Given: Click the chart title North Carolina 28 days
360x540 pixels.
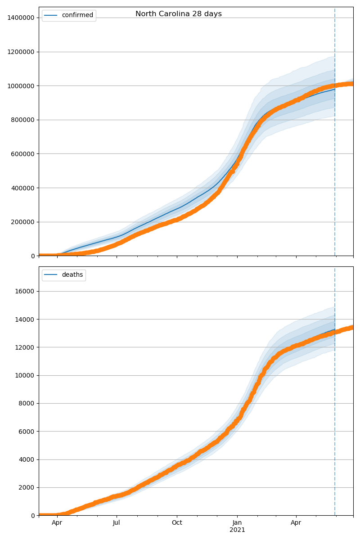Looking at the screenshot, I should pyautogui.click(x=179, y=14).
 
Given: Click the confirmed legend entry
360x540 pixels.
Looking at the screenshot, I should pyautogui.click(x=77, y=15).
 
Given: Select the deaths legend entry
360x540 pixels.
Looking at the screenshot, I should pyautogui.click(x=72, y=275).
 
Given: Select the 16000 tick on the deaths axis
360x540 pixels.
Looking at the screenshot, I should pyautogui.click(x=25, y=291).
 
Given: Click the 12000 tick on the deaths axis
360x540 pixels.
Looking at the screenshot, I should pyautogui.click(x=25, y=347).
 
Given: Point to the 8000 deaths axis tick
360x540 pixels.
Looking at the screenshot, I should pyautogui.click(x=27, y=403).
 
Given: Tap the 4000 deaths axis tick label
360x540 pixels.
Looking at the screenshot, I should pyautogui.click(x=27, y=459).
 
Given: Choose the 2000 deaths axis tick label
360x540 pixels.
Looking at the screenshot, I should pyautogui.click(x=27, y=487).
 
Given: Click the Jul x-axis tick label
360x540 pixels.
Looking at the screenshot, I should pyautogui.click(x=117, y=523).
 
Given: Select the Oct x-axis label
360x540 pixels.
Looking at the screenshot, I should pyautogui.click(x=177, y=523).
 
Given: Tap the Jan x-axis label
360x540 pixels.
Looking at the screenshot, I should pyautogui.click(x=237, y=523).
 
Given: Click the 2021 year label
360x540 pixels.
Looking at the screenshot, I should pyautogui.click(x=237, y=530).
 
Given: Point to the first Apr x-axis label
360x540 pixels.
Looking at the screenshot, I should pyautogui.click(x=57, y=523).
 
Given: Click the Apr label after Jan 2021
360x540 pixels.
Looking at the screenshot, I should pyautogui.click(x=296, y=523).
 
